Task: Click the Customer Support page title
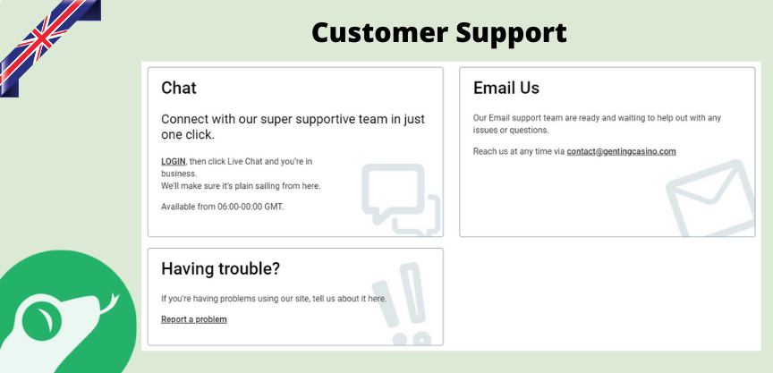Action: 439,32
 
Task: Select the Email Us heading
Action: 506,88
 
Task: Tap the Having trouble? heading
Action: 220,269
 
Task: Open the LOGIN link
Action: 174,161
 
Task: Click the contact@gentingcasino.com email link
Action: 621,151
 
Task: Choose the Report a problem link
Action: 194,319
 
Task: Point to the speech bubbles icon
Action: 401,199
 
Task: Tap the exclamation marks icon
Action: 402,304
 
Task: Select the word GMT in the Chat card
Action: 274,207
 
